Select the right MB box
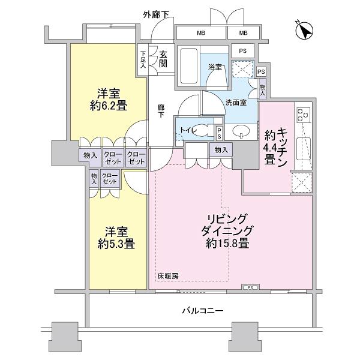pos(244,32)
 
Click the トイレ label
pos(187,129)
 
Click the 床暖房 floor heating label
pos(168,276)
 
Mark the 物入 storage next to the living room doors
pos(220,149)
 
